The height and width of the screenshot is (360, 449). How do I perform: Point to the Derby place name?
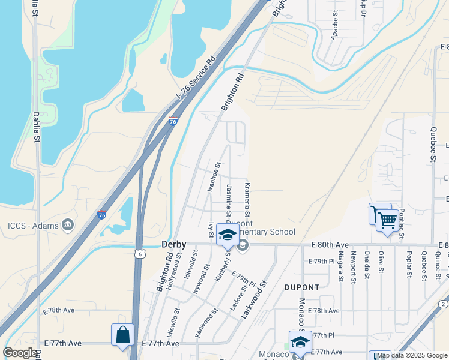[x=173, y=245]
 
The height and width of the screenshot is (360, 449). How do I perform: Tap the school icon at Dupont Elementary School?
[x=228, y=235]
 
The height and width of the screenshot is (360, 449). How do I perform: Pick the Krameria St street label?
[x=247, y=201]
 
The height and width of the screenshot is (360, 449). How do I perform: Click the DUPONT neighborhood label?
[x=300, y=287]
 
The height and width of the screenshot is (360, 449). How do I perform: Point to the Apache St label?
[x=334, y=27]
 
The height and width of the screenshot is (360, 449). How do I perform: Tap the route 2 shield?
[x=443, y=304]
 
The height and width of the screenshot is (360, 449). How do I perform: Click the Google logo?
[x=20, y=353]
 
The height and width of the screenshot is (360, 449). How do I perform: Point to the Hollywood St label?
[x=172, y=276]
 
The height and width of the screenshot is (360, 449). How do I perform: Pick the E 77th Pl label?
[x=321, y=335]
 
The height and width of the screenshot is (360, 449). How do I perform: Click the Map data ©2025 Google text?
[x=412, y=355]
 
